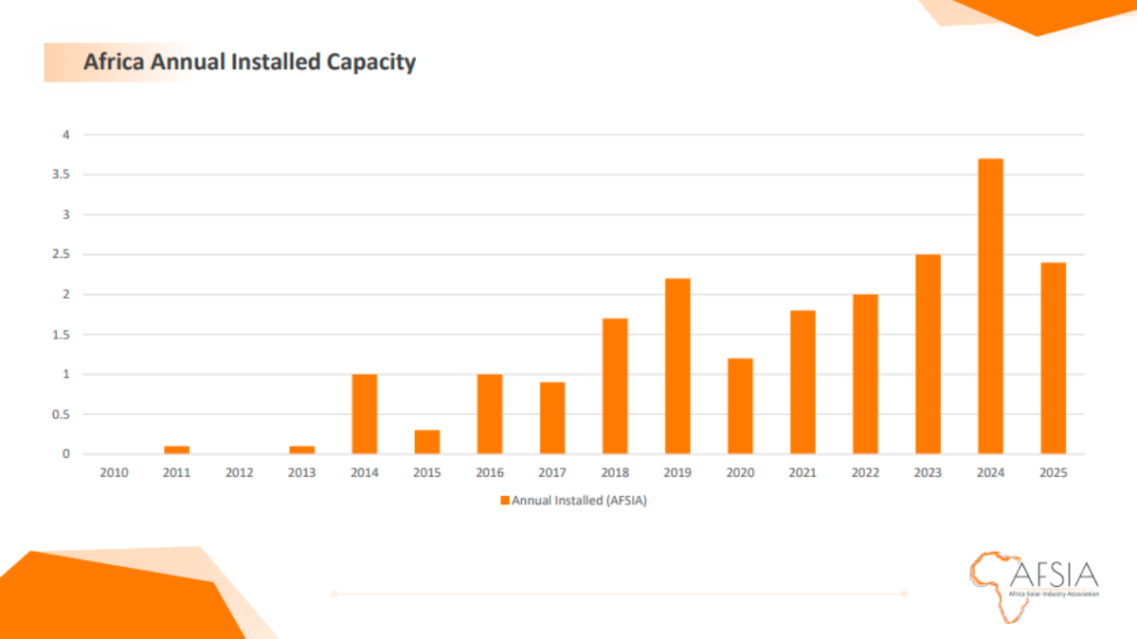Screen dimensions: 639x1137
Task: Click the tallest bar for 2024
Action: [x=990, y=306]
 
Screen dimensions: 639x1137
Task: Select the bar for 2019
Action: [x=677, y=366]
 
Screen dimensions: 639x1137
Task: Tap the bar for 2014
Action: [x=365, y=413]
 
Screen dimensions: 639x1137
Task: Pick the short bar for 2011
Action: [x=177, y=449]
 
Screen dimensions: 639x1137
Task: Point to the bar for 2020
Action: [x=740, y=406]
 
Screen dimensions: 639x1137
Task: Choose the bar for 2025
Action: [x=1053, y=357]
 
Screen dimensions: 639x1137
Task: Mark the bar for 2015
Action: [x=427, y=442]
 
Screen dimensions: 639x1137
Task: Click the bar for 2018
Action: [x=615, y=386]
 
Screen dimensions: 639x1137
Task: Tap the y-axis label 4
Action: [x=66, y=135]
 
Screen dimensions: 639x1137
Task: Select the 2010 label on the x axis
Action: [x=115, y=472]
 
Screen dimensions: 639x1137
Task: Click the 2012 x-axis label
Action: [x=240, y=472]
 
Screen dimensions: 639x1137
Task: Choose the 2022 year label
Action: [x=865, y=472]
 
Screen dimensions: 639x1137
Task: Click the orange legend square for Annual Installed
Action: [x=505, y=501]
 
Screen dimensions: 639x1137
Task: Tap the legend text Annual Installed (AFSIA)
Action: [x=578, y=501]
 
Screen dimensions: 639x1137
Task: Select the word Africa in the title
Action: [x=113, y=63]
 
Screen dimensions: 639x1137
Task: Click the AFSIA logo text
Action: [x=1054, y=575]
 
